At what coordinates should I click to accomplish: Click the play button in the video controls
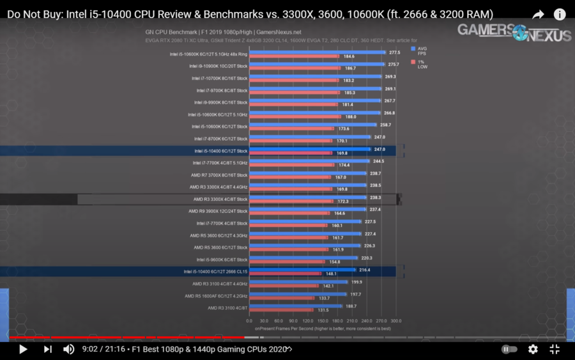[23, 349]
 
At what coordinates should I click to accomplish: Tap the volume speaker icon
[68, 349]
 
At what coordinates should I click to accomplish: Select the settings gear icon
[533, 349]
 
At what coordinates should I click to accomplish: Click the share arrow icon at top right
[538, 14]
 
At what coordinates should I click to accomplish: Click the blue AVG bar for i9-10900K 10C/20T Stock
[316, 64]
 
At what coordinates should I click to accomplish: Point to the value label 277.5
[394, 52]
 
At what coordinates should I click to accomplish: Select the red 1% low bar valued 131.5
[282, 310]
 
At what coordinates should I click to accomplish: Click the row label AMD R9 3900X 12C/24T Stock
[218, 211]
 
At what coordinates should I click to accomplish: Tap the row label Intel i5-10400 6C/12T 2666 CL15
[215, 271]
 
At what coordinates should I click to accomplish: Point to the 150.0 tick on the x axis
[322, 321]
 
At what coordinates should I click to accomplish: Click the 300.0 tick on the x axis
[396, 321]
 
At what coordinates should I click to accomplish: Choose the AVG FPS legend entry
[422, 51]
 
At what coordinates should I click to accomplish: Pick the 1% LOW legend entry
[422, 64]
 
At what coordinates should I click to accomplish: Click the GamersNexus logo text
[514, 32]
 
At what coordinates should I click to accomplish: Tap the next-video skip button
[47, 349]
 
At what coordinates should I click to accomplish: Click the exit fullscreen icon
[555, 349]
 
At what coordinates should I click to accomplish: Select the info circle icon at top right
[559, 14]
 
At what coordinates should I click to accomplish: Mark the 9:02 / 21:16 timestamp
[103, 349]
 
